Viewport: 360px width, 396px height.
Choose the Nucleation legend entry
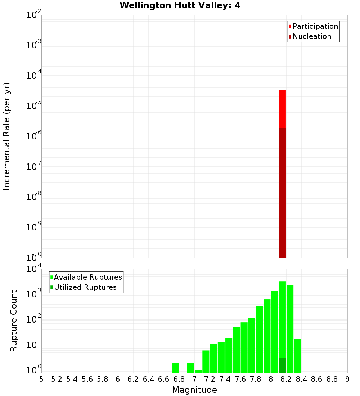click(312, 36)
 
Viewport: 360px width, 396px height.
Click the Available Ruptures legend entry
click(88, 277)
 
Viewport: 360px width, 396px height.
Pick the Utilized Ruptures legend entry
click(85, 287)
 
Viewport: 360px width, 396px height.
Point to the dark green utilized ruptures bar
click(282, 365)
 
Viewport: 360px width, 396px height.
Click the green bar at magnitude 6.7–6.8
click(175, 368)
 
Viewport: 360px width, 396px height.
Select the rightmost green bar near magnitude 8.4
click(298, 356)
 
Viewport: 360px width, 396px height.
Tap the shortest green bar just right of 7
click(198, 371)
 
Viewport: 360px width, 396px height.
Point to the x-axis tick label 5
click(41, 379)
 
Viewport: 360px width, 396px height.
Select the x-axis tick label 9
click(347, 379)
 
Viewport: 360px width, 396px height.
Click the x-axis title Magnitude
click(194, 390)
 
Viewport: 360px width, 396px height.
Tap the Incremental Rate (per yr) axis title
click(7, 136)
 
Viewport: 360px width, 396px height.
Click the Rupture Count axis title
click(14, 320)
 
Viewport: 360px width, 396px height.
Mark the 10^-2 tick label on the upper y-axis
click(34, 15)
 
